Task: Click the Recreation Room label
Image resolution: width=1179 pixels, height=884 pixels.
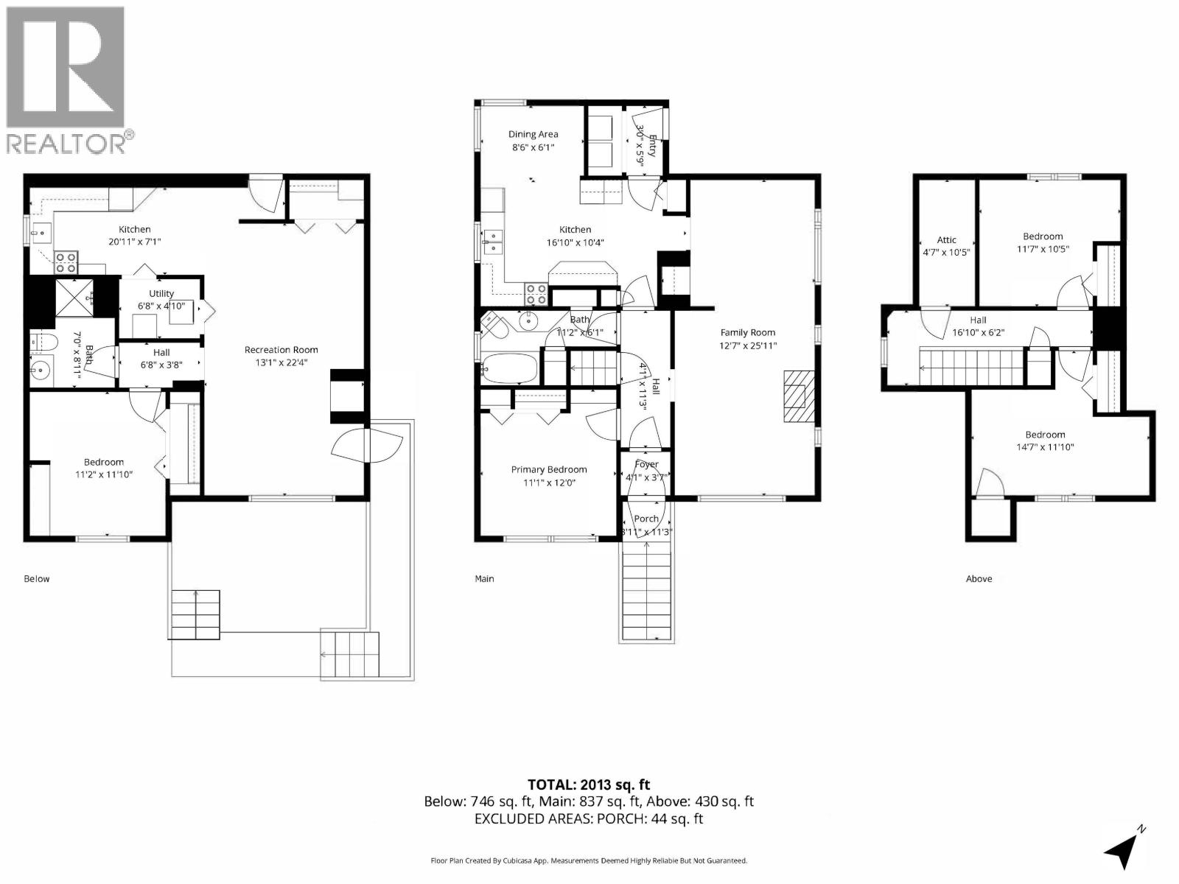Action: tap(281, 350)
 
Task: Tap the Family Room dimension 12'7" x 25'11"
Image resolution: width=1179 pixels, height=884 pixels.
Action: tap(748, 345)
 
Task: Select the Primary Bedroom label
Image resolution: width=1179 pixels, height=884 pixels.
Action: tap(549, 469)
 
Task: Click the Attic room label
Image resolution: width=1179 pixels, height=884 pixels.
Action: tap(946, 239)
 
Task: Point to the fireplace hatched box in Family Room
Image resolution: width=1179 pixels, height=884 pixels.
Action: tap(795, 396)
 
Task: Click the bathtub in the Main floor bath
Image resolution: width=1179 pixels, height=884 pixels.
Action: tap(509, 370)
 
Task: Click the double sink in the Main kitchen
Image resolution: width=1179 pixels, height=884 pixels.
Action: tap(492, 240)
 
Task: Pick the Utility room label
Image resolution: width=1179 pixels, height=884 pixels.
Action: tap(161, 293)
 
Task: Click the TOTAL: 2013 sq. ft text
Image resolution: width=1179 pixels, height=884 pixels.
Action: tap(589, 785)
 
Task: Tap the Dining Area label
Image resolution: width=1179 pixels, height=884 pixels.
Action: tap(533, 134)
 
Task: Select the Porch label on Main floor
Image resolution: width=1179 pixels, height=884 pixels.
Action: tap(646, 519)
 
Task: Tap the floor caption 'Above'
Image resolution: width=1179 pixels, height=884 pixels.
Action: tap(979, 578)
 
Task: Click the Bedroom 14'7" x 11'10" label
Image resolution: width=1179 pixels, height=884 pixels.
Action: tap(1044, 435)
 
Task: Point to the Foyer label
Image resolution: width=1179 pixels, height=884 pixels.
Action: tap(646, 464)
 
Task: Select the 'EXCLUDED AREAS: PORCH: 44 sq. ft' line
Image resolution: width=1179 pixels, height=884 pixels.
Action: tap(589, 818)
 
